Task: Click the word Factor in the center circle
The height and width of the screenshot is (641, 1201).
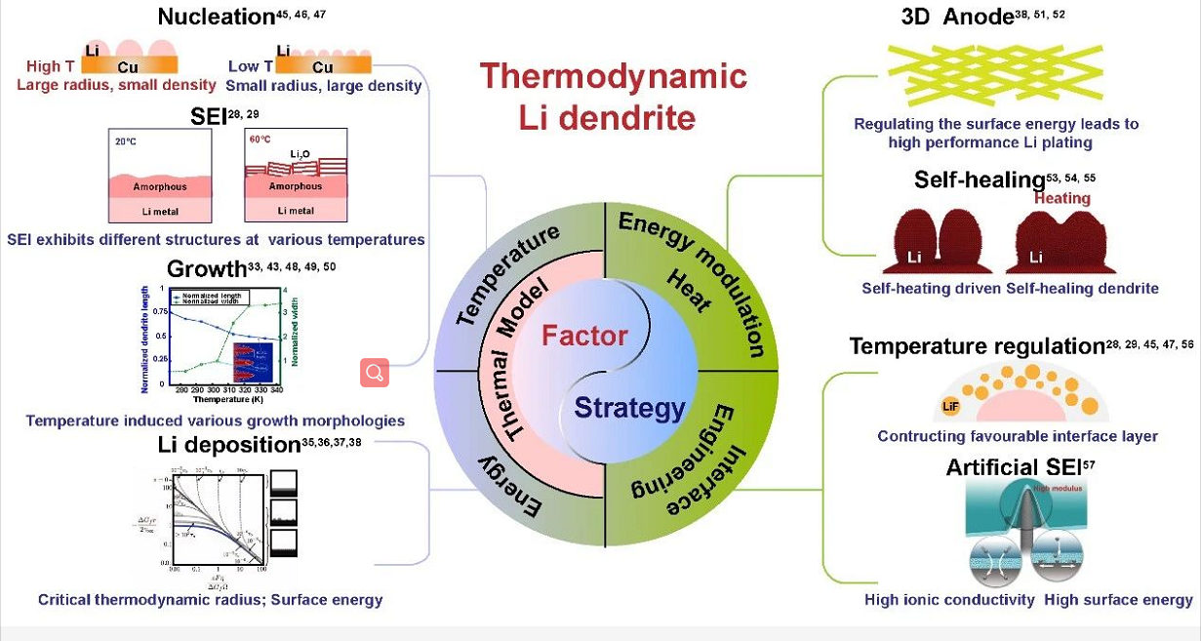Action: click(x=584, y=336)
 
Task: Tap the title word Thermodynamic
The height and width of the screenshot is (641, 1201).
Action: click(x=613, y=76)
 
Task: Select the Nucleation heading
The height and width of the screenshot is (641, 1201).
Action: click(x=216, y=17)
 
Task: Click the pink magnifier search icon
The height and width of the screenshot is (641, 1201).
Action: click(x=375, y=373)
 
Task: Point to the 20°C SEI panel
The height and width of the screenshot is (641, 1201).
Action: click(x=160, y=177)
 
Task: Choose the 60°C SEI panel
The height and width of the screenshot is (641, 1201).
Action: click(x=296, y=177)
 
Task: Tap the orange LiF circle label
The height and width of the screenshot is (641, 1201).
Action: click(x=950, y=406)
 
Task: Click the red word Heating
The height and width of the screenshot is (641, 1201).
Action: click(x=1062, y=198)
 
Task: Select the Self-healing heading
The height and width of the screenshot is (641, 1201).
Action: click(x=980, y=180)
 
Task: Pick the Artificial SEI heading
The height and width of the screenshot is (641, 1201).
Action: click(x=1014, y=467)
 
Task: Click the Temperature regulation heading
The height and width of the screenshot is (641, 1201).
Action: click(x=977, y=346)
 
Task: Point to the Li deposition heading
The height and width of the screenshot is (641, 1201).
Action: click(x=229, y=445)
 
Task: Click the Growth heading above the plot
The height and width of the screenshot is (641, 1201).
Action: click(x=207, y=269)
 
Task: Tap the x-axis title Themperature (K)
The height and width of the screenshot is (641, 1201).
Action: click(x=227, y=399)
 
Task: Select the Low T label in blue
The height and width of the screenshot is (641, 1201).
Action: click(x=251, y=66)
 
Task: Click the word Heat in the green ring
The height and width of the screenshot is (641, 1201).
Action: click(x=688, y=290)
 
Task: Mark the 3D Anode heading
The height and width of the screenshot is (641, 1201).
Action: click(x=957, y=17)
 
